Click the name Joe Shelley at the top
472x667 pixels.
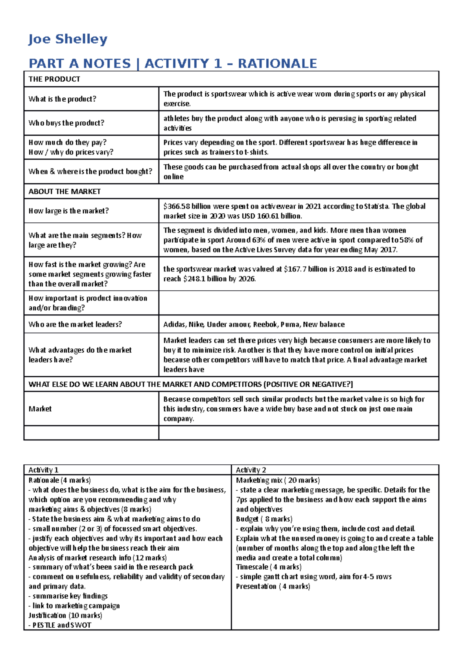tap(68, 39)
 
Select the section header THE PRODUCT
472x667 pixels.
tap(54, 79)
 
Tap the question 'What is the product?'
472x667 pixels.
tap(62, 99)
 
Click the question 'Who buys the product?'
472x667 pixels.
tap(66, 123)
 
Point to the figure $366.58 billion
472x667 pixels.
tap(186, 206)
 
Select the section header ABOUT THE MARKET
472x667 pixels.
tap(65, 191)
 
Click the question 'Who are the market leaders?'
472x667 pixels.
tap(75, 324)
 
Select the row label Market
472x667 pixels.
tap(40, 409)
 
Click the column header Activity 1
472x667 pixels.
tap(43, 470)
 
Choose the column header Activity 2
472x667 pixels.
tap(251, 470)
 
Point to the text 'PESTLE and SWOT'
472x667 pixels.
tap(62, 625)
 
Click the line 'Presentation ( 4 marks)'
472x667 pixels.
tap(273, 586)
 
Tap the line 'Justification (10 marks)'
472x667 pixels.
tap(65, 615)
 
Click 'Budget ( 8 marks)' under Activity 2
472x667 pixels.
tap(264, 519)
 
